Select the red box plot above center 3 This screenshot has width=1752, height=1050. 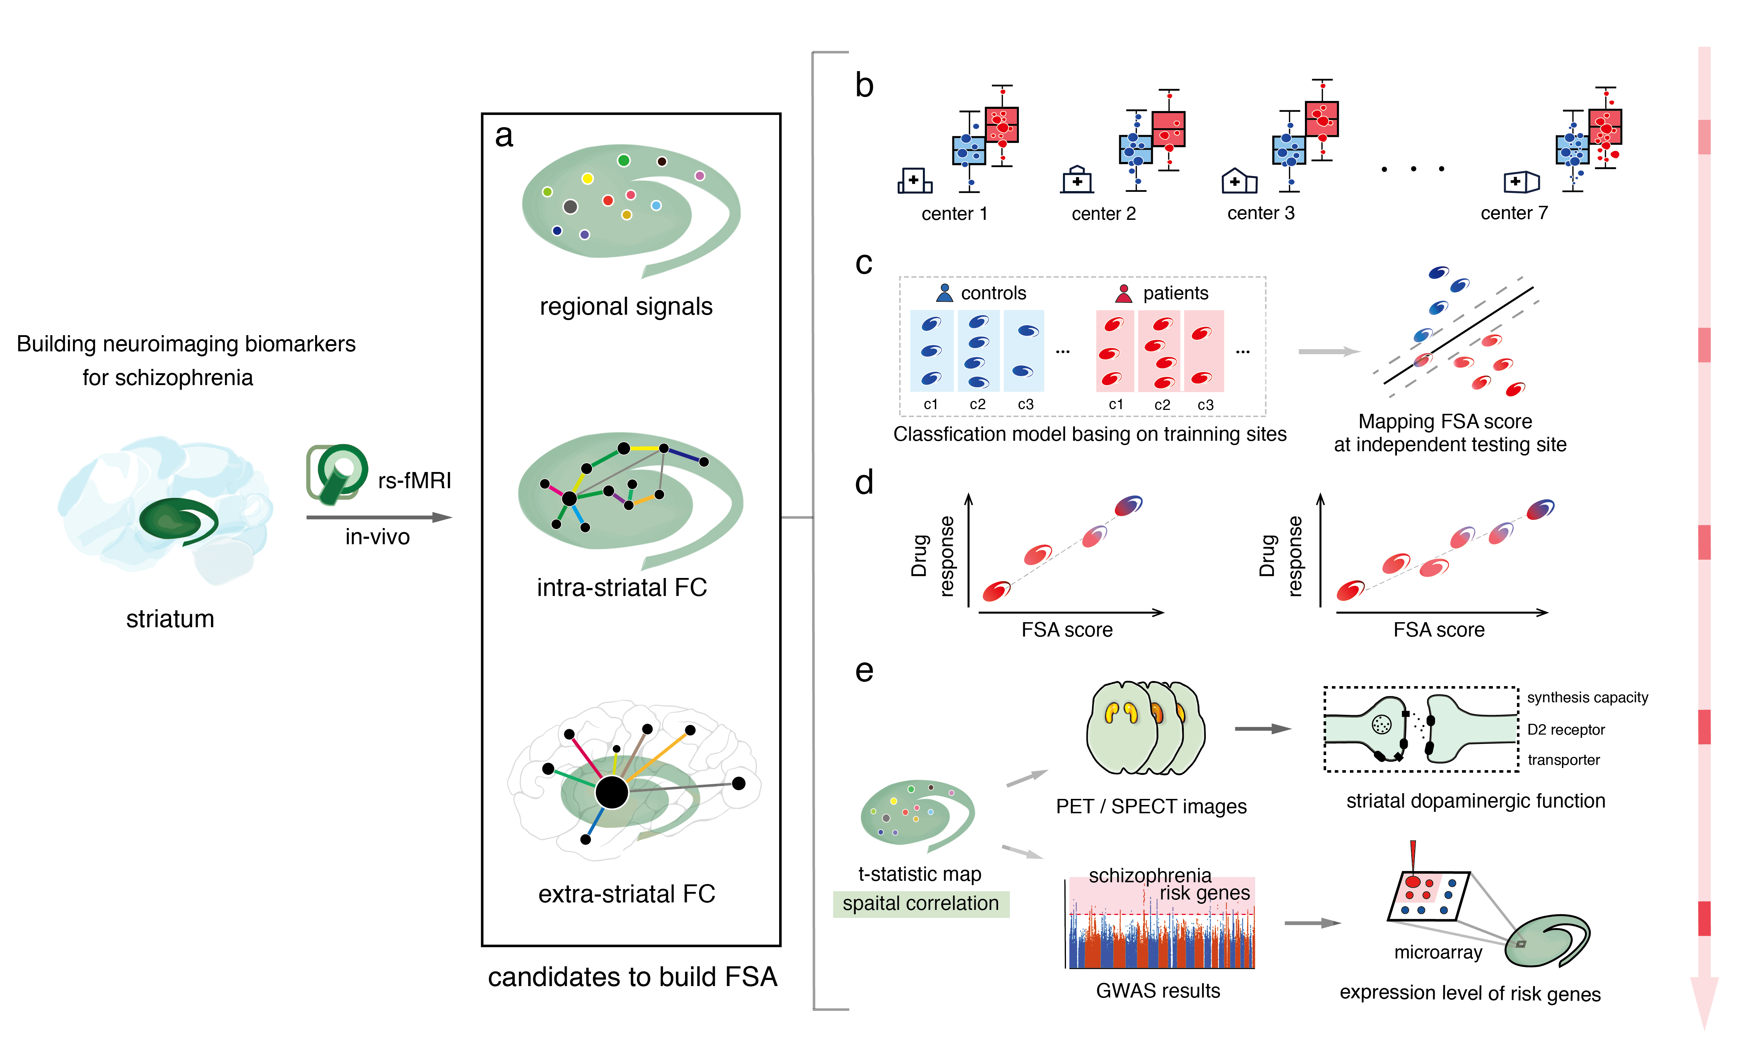tap(1321, 119)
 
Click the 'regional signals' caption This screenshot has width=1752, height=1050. tap(626, 306)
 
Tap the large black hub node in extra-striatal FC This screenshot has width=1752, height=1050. tap(612, 792)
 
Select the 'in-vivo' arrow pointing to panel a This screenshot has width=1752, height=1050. tap(379, 517)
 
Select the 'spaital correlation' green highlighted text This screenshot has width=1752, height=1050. tap(920, 903)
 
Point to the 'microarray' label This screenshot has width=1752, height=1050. tap(1438, 952)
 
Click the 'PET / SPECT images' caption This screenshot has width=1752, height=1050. tap(1151, 806)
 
